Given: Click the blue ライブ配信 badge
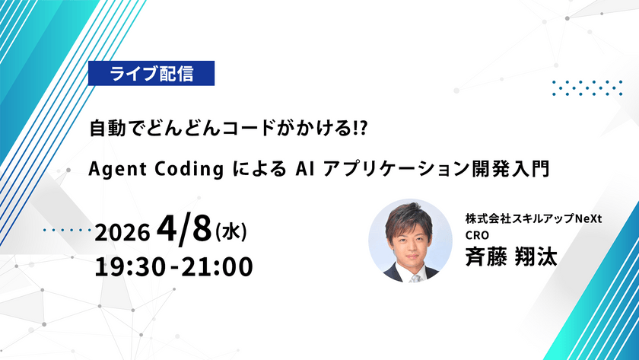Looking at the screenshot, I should (x=151, y=74).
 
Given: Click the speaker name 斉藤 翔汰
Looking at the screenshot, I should (x=512, y=256).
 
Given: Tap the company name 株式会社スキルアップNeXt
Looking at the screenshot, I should (x=534, y=218).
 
